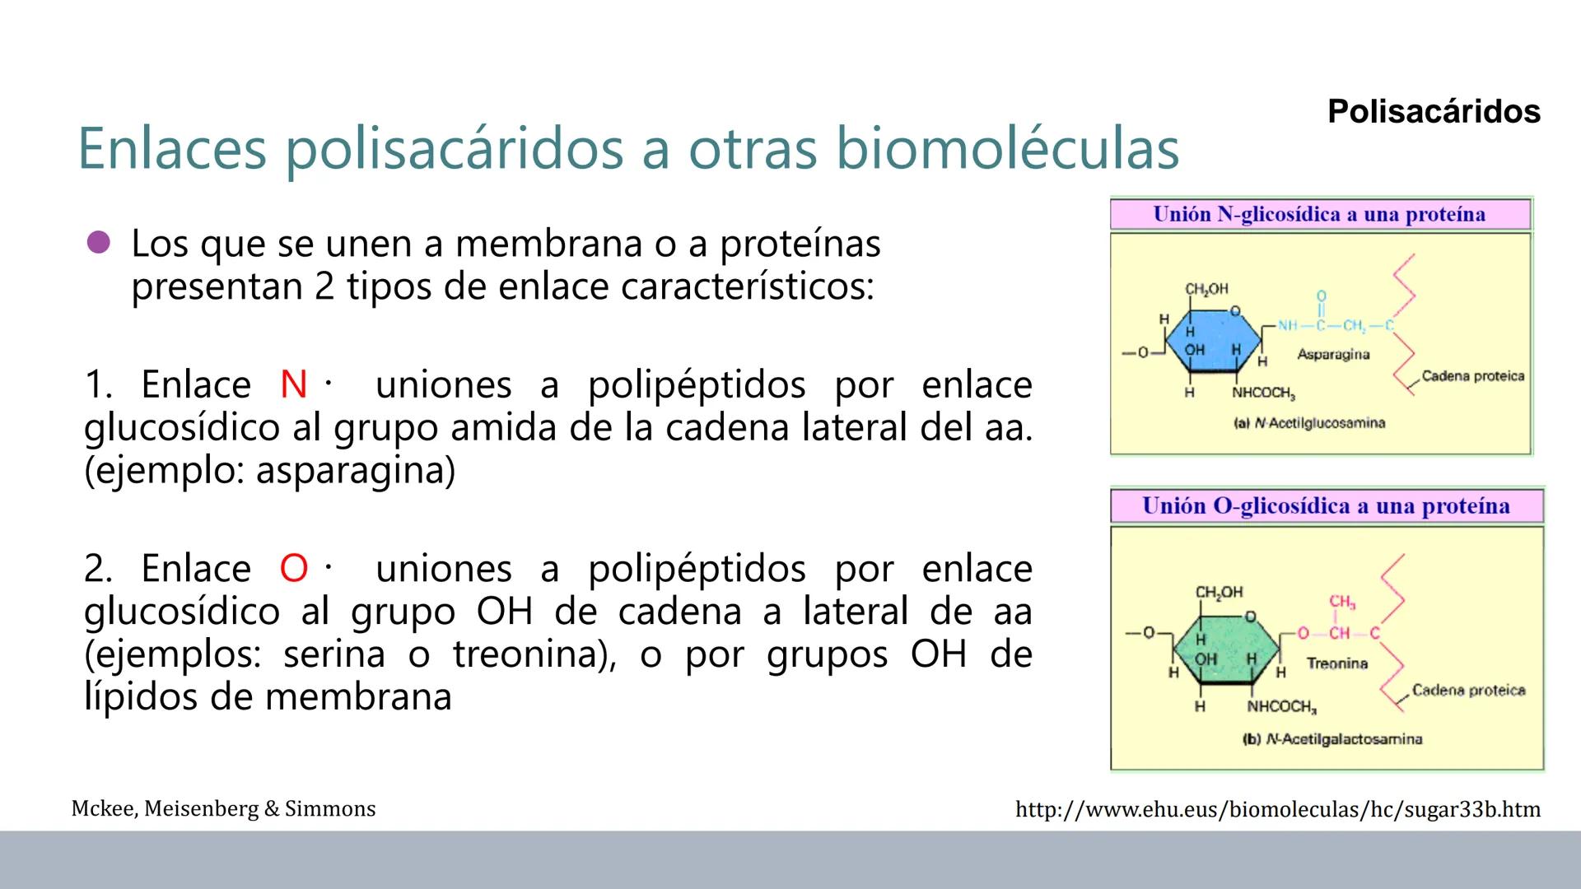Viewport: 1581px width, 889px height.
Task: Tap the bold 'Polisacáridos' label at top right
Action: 1434,111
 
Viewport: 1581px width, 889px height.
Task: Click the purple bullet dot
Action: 98,243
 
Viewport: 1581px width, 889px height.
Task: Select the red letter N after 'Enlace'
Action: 293,384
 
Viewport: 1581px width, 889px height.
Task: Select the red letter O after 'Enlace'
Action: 293,569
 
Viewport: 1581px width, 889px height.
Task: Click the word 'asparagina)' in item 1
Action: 355,470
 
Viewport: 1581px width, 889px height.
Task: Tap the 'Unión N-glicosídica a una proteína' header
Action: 1319,215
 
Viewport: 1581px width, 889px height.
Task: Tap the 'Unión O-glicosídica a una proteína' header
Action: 1326,506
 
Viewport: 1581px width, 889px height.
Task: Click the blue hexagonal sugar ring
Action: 1213,341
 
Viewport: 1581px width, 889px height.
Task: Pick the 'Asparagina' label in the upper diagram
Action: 1333,355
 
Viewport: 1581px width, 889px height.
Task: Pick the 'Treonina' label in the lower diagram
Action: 1336,663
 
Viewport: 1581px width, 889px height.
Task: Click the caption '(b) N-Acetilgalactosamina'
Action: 1331,739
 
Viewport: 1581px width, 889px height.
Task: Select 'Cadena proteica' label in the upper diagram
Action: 1472,376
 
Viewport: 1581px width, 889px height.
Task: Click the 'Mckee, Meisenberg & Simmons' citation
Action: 223,809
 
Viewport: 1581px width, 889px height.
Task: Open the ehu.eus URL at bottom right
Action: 1277,810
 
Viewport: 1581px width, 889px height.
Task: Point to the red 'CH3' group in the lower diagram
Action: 1341,603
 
